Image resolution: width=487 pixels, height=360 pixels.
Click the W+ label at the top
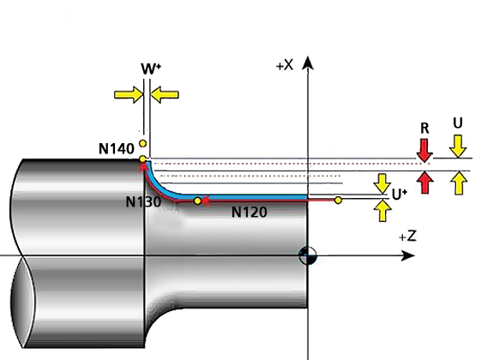click(x=151, y=69)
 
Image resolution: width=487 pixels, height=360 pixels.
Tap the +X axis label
click(x=285, y=65)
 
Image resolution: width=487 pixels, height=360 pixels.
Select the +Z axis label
click(x=407, y=237)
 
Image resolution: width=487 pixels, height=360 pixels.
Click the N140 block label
click(x=116, y=149)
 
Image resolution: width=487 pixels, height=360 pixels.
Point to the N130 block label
click(x=143, y=202)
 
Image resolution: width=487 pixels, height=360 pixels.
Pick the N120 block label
click(x=250, y=213)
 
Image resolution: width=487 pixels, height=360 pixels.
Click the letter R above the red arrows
click(x=424, y=128)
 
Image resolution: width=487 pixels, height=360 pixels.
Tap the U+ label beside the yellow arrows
click(x=400, y=195)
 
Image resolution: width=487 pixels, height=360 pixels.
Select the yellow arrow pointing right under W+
click(x=129, y=94)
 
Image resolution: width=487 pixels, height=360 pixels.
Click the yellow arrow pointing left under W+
click(x=165, y=94)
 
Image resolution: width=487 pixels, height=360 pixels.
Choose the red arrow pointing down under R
click(x=424, y=150)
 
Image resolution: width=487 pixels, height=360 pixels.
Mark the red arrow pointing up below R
click(x=425, y=183)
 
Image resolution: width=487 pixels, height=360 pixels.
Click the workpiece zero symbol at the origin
click(x=308, y=255)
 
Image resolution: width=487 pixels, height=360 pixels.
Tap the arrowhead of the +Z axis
click(x=407, y=255)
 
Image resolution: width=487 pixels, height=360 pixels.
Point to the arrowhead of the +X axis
click(x=308, y=63)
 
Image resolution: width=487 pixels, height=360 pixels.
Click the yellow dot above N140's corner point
click(x=142, y=143)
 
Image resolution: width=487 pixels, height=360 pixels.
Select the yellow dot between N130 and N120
click(x=197, y=201)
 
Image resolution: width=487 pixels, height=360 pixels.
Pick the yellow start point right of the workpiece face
click(x=338, y=201)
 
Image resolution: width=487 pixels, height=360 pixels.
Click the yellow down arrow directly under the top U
click(x=459, y=146)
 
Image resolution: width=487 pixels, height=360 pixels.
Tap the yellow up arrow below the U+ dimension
click(x=382, y=211)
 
